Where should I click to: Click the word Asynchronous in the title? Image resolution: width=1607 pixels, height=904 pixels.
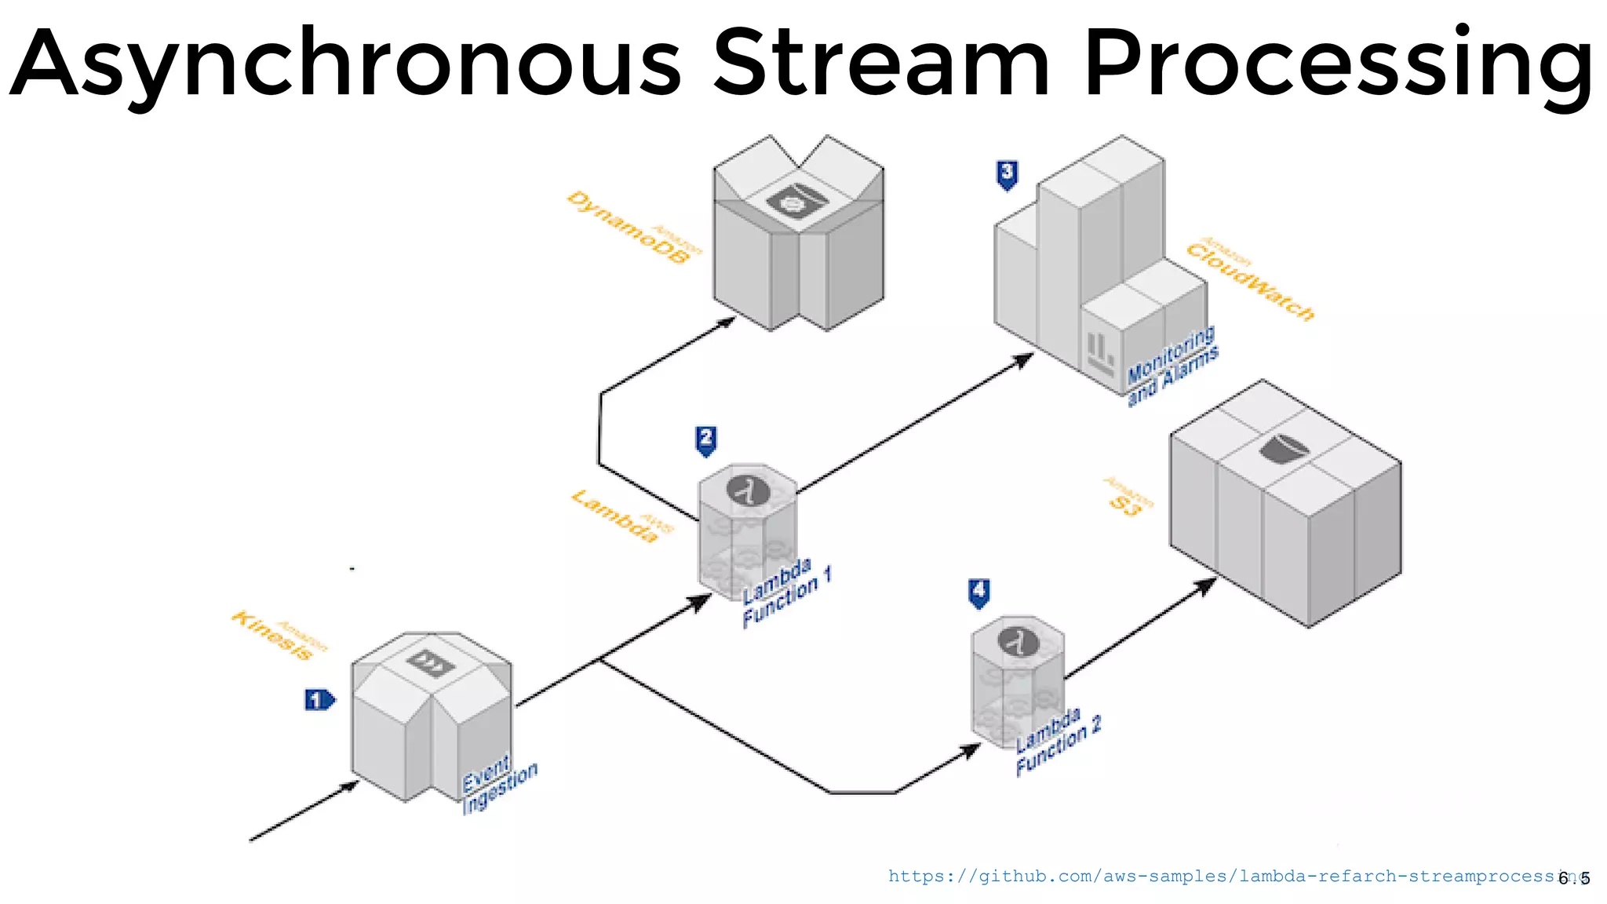tap(345, 64)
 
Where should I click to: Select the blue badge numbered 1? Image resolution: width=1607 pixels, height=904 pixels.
tap(319, 699)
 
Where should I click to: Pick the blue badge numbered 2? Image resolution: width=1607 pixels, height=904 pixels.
tap(706, 439)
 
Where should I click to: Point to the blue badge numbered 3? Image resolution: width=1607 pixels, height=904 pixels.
tap(1008, 173)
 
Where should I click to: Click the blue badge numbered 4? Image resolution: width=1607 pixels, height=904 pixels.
tap(978, 592)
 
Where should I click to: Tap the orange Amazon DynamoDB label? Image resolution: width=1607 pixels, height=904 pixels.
tap(634, 228)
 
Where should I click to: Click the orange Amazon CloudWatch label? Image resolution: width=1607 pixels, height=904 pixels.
tap(1249, 279)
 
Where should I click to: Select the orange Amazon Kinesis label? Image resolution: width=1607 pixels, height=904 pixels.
tap(279, 636)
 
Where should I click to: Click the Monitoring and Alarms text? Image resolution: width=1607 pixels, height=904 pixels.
tap(1172, 366)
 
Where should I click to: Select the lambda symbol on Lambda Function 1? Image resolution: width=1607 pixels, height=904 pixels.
tap(748, 490)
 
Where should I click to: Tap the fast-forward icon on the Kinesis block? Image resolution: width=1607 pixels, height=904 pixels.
tap(431, 663)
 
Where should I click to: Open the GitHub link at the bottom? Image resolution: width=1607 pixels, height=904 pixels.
tap(1224, 877)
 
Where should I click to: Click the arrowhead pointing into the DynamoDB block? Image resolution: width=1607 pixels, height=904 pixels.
tap(727, 320)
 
